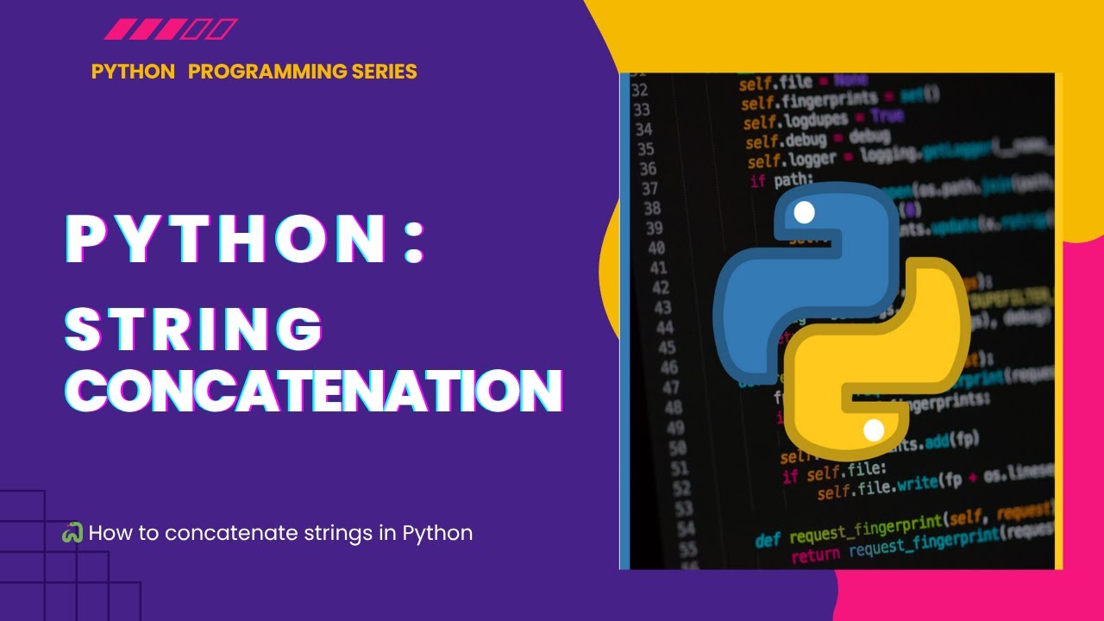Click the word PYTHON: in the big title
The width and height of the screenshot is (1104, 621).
pos(246,240)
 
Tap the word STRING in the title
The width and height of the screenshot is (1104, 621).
pos(195,329)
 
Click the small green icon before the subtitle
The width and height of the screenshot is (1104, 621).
pos(72,533)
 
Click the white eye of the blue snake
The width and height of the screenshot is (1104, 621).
pos(804,212)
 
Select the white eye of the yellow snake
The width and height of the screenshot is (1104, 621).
pos(874,430)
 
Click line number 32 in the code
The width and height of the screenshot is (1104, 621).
pos(639,90)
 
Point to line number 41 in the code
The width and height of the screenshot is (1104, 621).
pos(658,268)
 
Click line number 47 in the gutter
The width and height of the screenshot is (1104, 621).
pos(671,386)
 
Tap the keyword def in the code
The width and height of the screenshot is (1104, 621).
pos(768,540)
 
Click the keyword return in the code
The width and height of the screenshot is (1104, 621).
pos(816,556)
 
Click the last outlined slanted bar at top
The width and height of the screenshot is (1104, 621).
pos(223,30)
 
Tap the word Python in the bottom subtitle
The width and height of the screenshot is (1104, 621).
pos(437,533)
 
